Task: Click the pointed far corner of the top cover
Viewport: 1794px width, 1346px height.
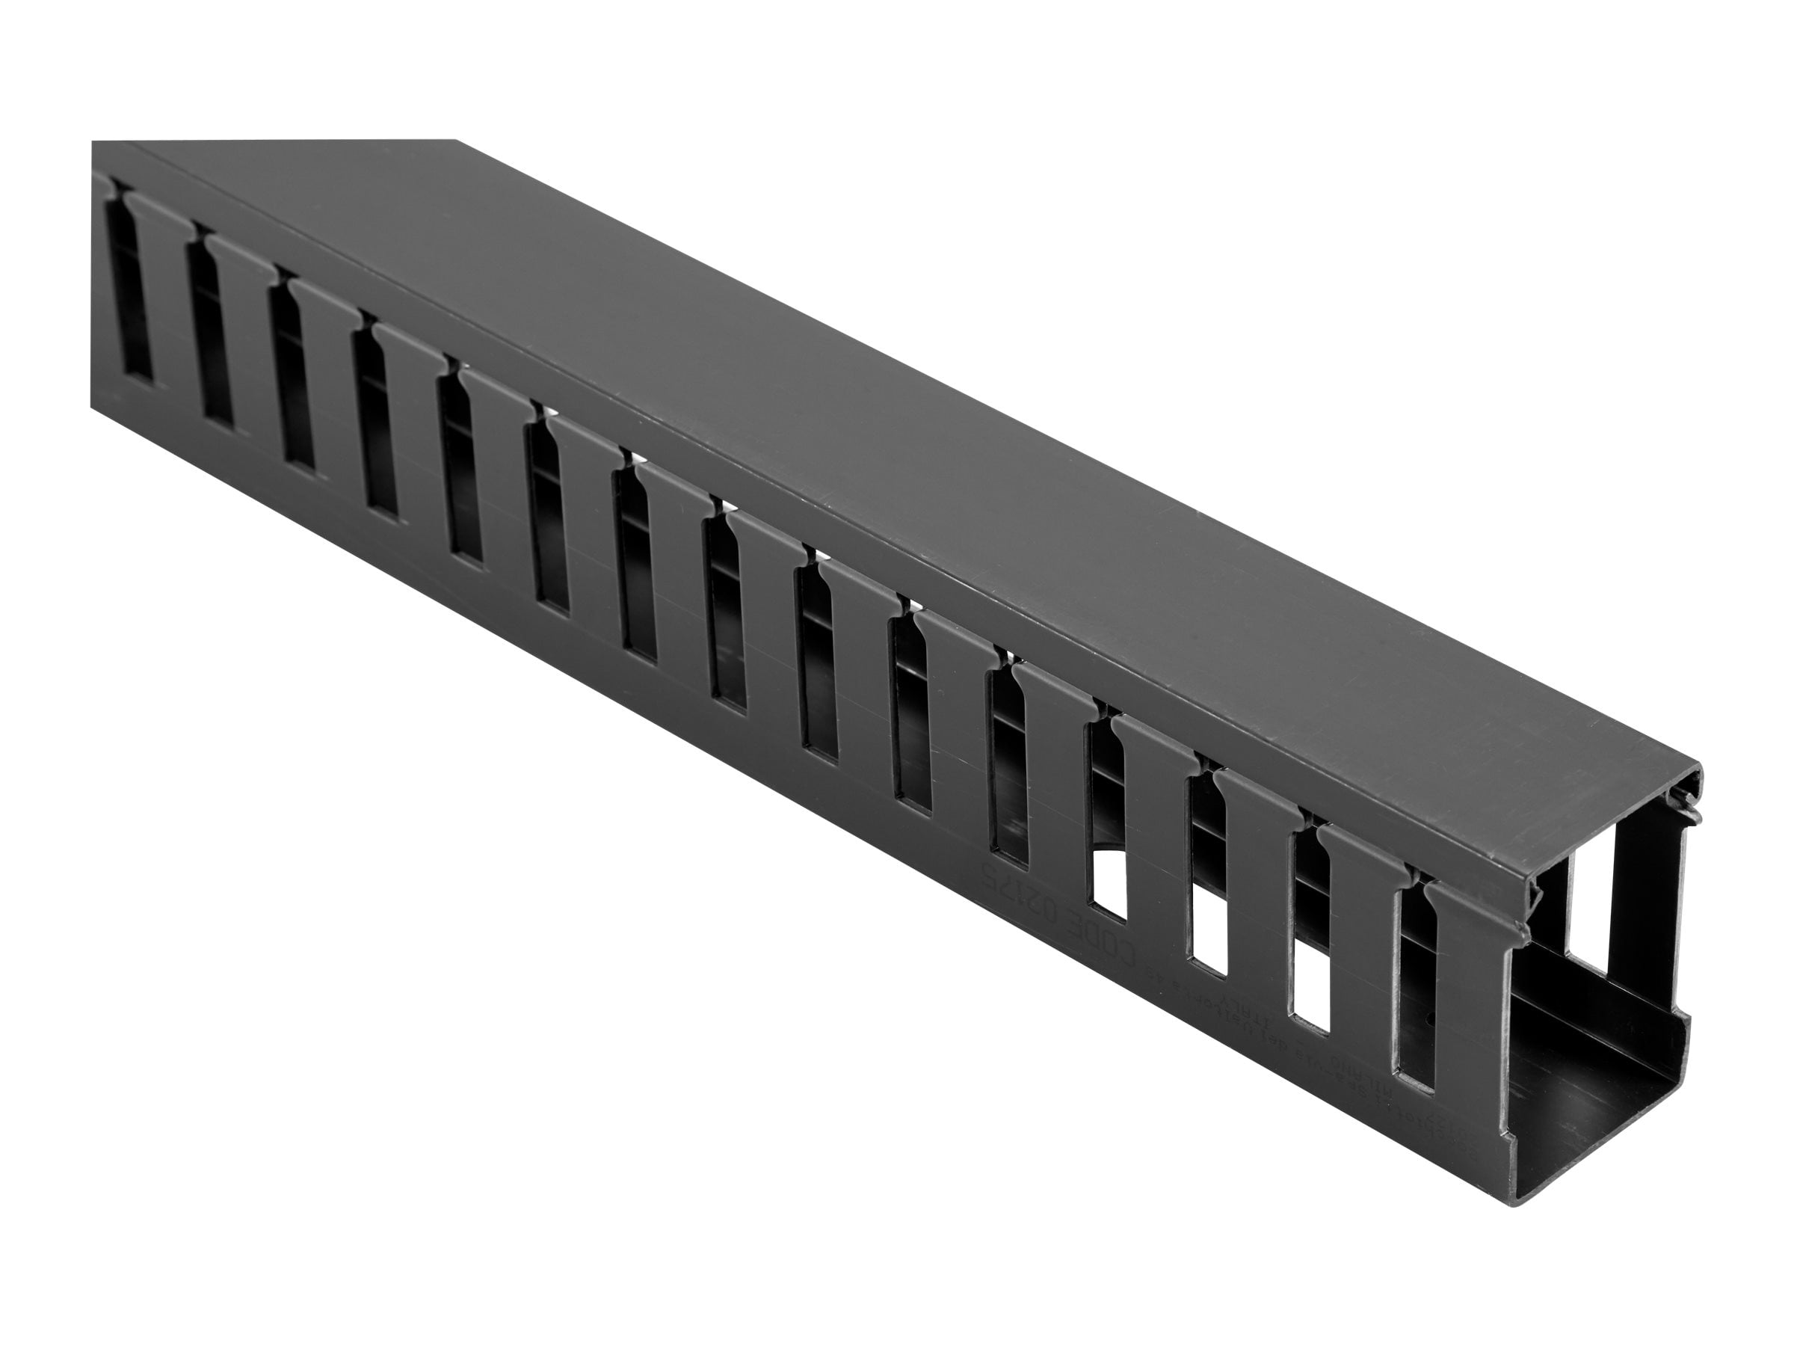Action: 454,142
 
